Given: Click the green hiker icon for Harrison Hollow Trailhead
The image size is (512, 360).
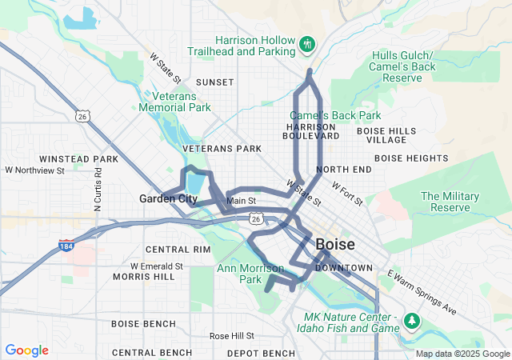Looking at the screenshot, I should pos(306,42).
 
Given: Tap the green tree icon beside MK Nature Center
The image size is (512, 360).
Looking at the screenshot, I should pos(413,321).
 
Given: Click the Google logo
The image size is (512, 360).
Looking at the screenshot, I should pos(26,350).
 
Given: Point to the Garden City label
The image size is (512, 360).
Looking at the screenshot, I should pos(168,198).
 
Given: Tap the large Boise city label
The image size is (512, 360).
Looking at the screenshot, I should pos(342,245).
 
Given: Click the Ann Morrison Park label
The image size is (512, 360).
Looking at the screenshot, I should pos(250,274).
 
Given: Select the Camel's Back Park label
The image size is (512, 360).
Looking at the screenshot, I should pos(335,115).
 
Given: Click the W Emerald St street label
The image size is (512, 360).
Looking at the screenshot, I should pos(156,266).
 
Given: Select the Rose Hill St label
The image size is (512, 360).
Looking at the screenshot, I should pos(231,335).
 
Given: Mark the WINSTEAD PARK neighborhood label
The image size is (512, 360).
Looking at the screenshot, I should pos(78,159).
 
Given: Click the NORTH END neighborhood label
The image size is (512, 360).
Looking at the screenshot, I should pos(343,170).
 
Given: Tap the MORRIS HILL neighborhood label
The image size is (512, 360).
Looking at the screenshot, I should pos(143,277).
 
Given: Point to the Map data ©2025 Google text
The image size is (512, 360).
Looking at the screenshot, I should pos(462,354).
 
